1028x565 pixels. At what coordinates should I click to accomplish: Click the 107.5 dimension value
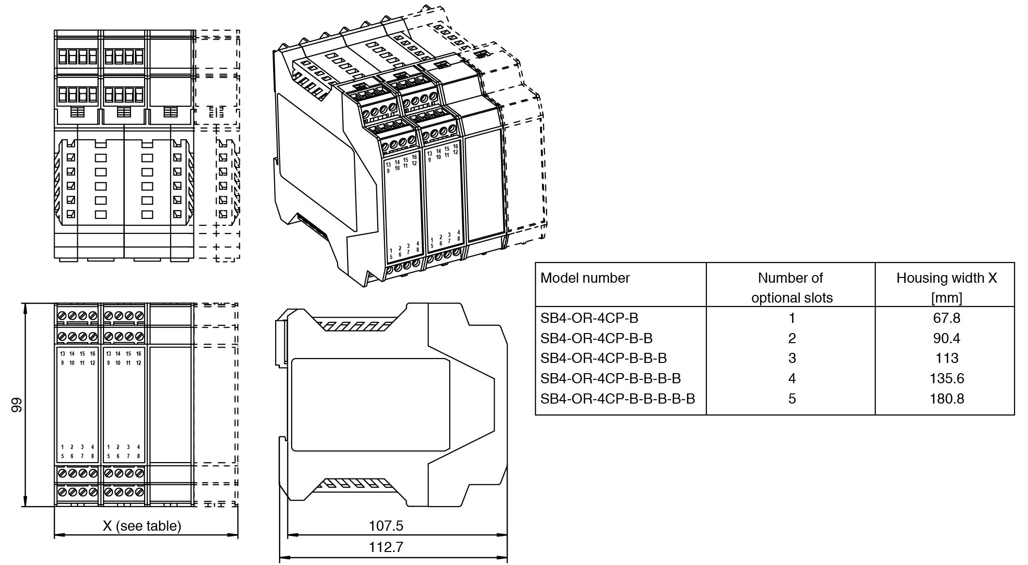pyautogui.click(x=386, y=525)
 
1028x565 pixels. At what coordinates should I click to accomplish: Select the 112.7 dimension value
pyautogui.click(x=386, y=547)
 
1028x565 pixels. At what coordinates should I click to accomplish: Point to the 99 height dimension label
pyautogui.click(x=17, y=405)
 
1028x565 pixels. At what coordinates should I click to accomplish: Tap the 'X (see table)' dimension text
pyautogui.click(x=142, y=525)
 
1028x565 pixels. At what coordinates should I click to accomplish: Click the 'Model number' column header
pyautogui.click(x=585, y=278)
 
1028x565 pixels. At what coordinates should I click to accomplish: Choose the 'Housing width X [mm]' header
pyautogui.click(x=946, y=288)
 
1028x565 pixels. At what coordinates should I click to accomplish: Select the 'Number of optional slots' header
pyautogui.click(x=792, y=288)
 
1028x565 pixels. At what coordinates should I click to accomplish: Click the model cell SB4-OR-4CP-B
pyautogui.click(x=589, y=318)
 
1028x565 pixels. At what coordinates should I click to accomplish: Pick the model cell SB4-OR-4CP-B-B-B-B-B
pyautogui.click(x=617, y=399)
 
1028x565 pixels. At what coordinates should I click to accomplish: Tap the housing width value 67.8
pyautogui.click(x=946, y=318)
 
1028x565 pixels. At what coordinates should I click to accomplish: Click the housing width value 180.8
pyautogui.click(x=946, y=399)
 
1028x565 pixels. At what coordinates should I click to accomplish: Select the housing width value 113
pyautogui.click(x=946, y=358)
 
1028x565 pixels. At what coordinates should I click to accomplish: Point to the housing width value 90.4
pyautogui.click(x=946, y=338)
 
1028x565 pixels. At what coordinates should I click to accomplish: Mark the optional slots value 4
pyautogui.click(x=792, y=378)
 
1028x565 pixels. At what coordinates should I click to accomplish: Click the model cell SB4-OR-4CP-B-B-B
pyautogui.click(x=603, y=358)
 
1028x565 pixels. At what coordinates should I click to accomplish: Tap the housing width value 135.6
pyautogui.click(x=946, y=378)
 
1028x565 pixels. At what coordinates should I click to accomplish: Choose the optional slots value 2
pyautogui.click(x=792, y=338)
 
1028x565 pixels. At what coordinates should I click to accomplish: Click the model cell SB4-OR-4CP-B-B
pyautogui.click(x=596, y=338)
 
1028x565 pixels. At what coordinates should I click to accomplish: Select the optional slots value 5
pyautogui.click(x=792, y=399)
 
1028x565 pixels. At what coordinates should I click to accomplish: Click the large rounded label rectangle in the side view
pyautogui.click(x=370, y=405)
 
